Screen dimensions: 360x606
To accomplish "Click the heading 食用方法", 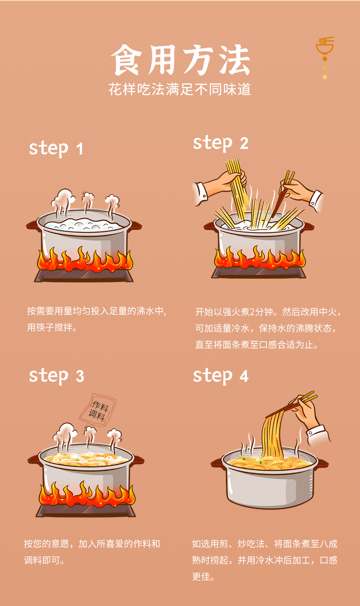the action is (180, 60).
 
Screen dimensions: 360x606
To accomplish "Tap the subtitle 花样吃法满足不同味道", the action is (180, 89).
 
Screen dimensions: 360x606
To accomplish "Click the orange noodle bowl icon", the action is (325, 46).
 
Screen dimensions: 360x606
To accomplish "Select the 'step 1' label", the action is (56, 149).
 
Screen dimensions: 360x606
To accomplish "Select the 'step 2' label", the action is (221, 144).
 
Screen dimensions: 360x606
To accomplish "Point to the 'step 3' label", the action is (57, 376).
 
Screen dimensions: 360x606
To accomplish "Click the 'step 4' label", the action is (221, 376).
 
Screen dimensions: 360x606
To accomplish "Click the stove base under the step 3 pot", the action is (86, 510).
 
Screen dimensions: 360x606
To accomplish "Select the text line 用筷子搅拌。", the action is (52, 328).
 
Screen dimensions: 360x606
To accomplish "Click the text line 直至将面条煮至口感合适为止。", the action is (257, 344).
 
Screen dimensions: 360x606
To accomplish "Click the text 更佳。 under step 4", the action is (203, 576).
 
